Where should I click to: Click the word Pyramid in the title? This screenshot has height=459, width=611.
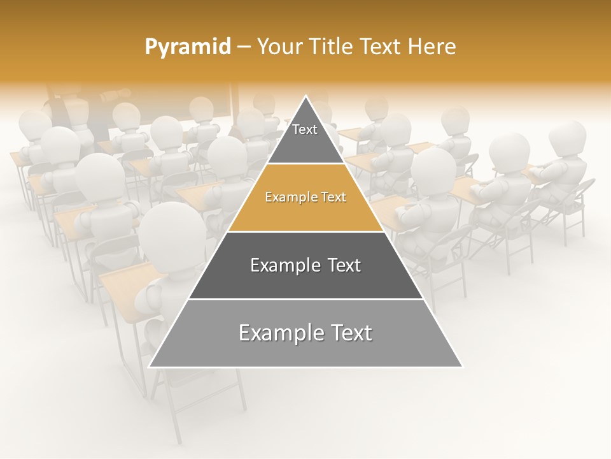pos(187,47)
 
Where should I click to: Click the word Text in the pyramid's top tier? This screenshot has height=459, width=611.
pos(305,129)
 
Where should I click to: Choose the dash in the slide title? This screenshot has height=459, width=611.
pos(244,47)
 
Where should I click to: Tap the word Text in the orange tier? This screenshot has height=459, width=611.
pos(331,197)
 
